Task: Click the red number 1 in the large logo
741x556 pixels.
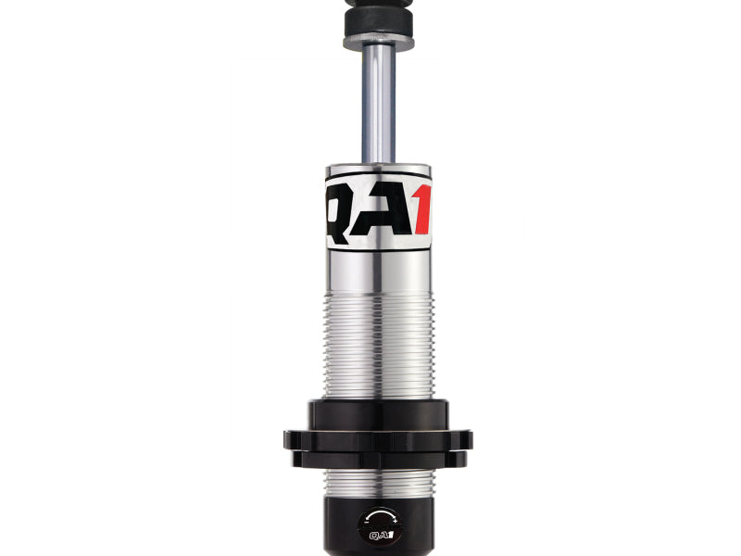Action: pos(423,209)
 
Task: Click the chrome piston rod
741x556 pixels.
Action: pos(379,102)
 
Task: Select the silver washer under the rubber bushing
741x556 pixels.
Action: pos(379,43)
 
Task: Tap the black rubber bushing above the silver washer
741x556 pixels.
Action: pos(379,22)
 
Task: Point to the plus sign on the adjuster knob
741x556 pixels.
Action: pos(395,520)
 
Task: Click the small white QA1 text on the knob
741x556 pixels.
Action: pos(381,535)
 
